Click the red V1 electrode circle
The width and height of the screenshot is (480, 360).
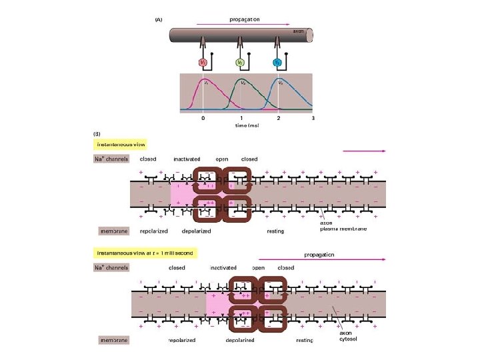[204, 63]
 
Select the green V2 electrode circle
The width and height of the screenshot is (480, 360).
[241, 63]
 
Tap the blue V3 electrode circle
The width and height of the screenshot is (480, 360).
[278, 63]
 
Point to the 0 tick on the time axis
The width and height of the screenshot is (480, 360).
[203, 118]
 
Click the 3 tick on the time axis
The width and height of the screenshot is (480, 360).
[313, 118]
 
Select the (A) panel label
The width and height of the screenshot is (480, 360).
[159, 20]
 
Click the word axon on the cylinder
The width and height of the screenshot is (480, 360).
[299, 31]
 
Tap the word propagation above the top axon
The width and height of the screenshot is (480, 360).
[246, 19]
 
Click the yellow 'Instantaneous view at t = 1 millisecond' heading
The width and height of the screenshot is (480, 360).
[142, 253]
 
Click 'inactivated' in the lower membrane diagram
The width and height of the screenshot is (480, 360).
[223, 267]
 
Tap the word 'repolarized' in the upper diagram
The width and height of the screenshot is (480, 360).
[153, 231]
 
